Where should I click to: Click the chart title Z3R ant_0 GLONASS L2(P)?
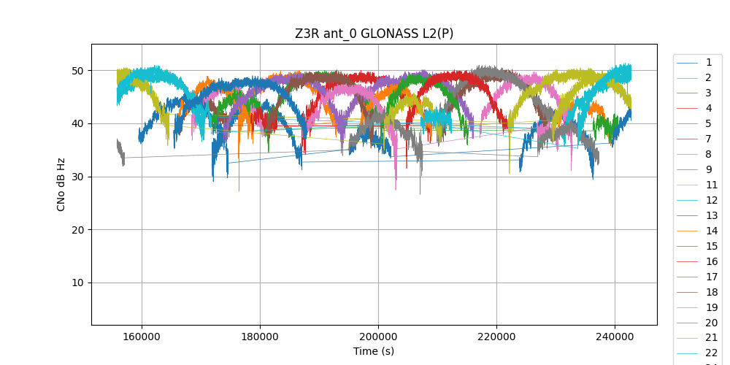click(x=374, y=34)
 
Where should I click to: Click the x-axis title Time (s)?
click(x=374, y=351)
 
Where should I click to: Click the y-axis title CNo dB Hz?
click(x=61, y=184)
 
